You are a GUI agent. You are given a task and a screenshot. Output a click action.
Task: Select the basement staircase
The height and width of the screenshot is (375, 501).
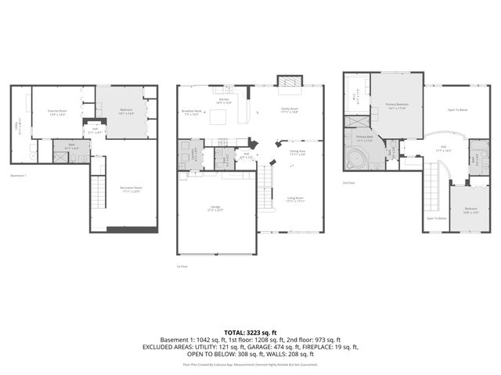[x=98, y=191]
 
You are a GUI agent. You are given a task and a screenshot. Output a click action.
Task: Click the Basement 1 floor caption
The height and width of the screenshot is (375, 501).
[x=19, y=175]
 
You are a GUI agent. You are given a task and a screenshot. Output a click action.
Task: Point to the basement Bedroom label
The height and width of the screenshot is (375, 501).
[x=125, y=111]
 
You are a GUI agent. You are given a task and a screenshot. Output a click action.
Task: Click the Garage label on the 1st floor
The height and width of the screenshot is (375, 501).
[x=214, y=208]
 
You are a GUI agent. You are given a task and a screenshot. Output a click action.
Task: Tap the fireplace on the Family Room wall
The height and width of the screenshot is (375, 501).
[x=289, y=83]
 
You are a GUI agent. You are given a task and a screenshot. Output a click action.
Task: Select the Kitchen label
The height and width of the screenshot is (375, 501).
[x=224, y=101]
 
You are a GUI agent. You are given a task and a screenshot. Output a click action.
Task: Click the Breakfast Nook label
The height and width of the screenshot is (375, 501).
[x=192, y=112]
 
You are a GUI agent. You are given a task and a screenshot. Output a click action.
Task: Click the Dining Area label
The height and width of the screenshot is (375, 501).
[x=297, y=152]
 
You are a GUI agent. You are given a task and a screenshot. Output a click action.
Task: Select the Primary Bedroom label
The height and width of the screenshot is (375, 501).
[x=397, y=105]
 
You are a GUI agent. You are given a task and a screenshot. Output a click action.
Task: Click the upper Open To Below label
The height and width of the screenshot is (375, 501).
[x=457, y=110]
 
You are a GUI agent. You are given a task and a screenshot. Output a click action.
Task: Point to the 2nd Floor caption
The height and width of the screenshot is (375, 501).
[x=350, y=182]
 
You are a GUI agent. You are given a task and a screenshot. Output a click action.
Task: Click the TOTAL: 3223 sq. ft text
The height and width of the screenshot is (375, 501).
[x=250, y=333]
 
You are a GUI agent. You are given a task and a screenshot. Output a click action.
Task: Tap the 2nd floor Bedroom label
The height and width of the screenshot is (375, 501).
[x=470, y=209]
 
